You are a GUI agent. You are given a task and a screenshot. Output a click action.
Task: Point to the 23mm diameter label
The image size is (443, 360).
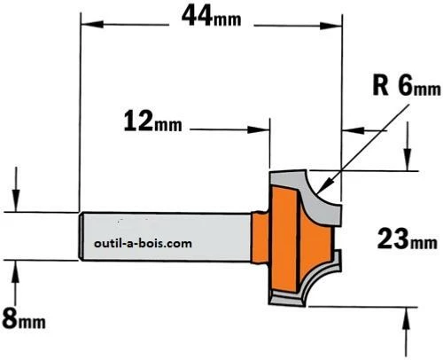(405, 238)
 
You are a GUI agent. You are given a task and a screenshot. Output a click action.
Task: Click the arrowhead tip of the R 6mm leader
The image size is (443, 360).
(329, 189)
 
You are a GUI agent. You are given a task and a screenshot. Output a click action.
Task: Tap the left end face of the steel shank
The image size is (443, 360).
(82, 236)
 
